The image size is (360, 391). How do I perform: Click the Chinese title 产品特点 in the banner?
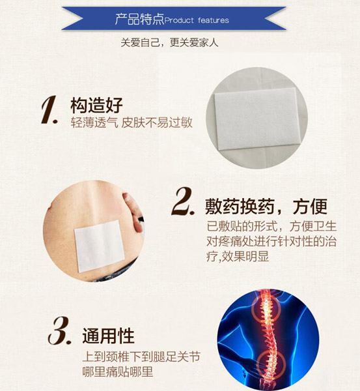coord(139,19)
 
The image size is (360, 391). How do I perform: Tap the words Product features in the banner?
coord(197,20)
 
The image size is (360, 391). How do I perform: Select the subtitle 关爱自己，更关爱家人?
coord(169,42)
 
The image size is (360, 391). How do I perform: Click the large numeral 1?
coord(49,109)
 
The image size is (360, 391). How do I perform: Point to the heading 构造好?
coord(96,105)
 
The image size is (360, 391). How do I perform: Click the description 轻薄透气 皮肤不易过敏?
coord(132,123)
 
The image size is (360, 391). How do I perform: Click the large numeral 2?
coord(183,201)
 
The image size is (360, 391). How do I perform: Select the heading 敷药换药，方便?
coord(266,207)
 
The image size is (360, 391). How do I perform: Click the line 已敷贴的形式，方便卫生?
coord(271,226)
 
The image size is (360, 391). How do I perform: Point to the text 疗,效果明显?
coord(238,256)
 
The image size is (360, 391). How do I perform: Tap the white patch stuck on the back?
coord(100,246)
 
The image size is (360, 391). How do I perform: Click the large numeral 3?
coord(59,330)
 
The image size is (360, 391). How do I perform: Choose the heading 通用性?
coord(108,336)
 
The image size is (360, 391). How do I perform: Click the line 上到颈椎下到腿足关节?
coord(141,356)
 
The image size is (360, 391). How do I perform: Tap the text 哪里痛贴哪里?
coord(118,371)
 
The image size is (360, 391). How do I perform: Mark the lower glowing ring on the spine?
coord(271,364)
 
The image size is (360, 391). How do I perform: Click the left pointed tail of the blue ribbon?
coord(72,18)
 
